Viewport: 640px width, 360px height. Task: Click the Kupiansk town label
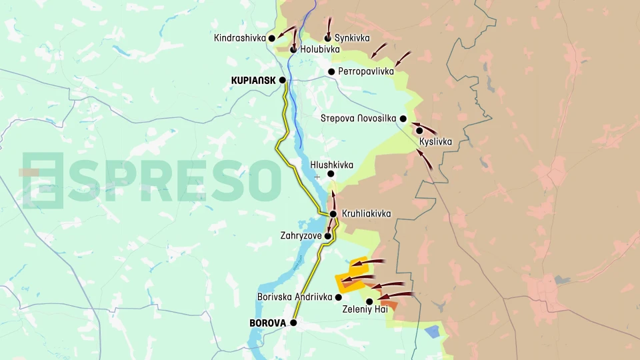(x=253, y=80)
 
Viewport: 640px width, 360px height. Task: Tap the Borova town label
(x=267, y=323)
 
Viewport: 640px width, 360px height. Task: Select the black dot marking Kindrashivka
(x=272, y=38)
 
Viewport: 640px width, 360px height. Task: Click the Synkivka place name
(x=352, y=38)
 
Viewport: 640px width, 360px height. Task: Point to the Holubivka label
(x=320, y=49)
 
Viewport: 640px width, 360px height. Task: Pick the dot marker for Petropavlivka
(x=331, y=71)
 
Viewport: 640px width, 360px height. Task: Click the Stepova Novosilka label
(x=359, y=119)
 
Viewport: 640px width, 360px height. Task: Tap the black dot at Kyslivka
(x=419, y=131)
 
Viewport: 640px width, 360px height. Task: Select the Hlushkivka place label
(x=331, y=165)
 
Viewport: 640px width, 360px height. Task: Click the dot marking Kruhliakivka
(x=333, y=213)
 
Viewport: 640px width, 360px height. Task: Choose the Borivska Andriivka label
(x=295, y=297)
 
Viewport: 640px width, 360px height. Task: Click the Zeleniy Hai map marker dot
(x=369, y=301)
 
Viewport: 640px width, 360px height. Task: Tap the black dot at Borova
(x=293, y=323)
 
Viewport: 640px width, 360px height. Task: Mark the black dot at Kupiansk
(x=283, y=80)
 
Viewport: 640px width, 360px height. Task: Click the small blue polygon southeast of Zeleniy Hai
(x=432, y=331)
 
